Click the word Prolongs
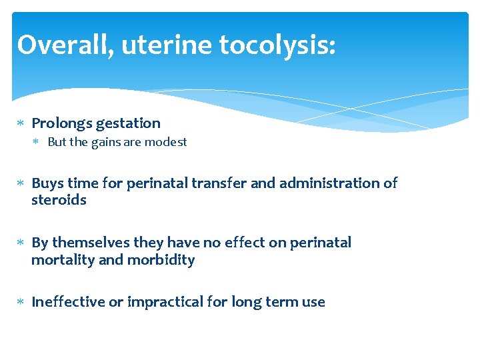[x=62, y=123]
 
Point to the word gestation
[x=128, y=123]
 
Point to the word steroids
[x=59, y=200]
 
